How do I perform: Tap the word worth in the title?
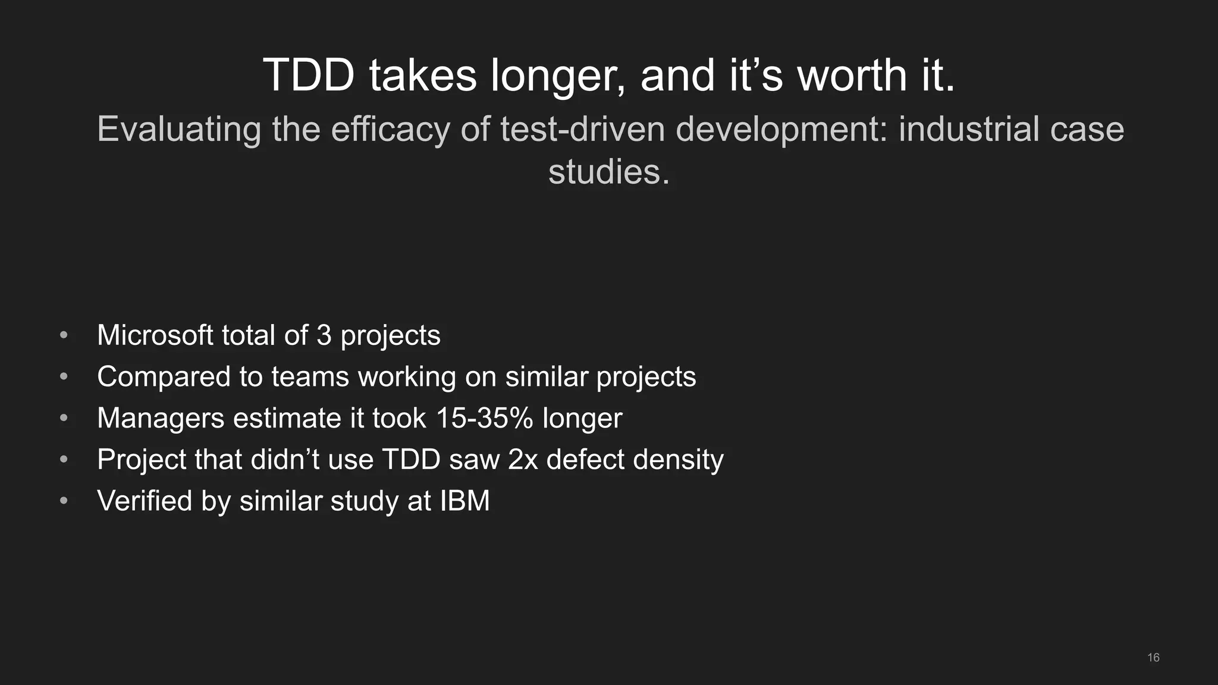pyautogui.click(x=852, y=76)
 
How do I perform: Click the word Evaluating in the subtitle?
pyautogui.click(x=178, y=130)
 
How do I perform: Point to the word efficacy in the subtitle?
pyautogui.click(x=390, y=130)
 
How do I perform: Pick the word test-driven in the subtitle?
pyautogui.click(x=582, y=129)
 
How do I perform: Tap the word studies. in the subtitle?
pyautogui.click(x=608, y=172)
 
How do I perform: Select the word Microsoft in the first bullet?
pyautogui.click(x=155, y=335)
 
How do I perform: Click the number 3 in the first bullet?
pyautogui.click(x=324, y=335)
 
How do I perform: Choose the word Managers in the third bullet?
pyautogui.click(x=160, y=418)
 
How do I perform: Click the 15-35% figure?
pyautogui.click(x=484, y=418)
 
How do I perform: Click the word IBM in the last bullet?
pyautogui.click(x=464, y=501)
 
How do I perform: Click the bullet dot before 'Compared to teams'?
pyautogui.click(x=64, y=377)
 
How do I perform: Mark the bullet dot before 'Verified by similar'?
pyautogui.click(x=64, y=501)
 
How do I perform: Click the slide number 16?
pyautogui.click(x=1153, y=658)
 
